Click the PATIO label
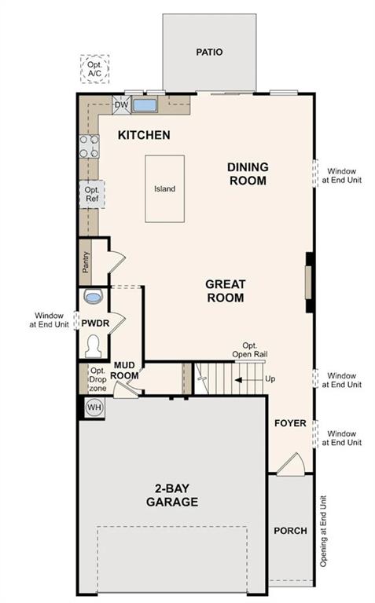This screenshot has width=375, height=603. tap(208, 53)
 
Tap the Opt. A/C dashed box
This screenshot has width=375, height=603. tap(94, 69)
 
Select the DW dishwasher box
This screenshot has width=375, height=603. tap(121, 104)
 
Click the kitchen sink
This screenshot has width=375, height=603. tap(145, 104)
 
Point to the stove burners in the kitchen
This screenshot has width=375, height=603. tap(88, 146)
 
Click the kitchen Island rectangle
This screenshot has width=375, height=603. tap(164, 188)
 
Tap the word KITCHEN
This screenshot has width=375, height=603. tap(144, 136)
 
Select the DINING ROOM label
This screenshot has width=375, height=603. tap(248, 174)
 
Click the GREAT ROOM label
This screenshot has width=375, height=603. tap(225, 291)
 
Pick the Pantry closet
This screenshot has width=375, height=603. tap(86, 261)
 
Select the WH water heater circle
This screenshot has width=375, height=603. tap(94, 407)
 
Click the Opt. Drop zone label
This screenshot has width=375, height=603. tap(97, 379)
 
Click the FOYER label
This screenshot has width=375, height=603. tap(289, 423)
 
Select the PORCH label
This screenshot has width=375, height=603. tap(290, 532)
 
